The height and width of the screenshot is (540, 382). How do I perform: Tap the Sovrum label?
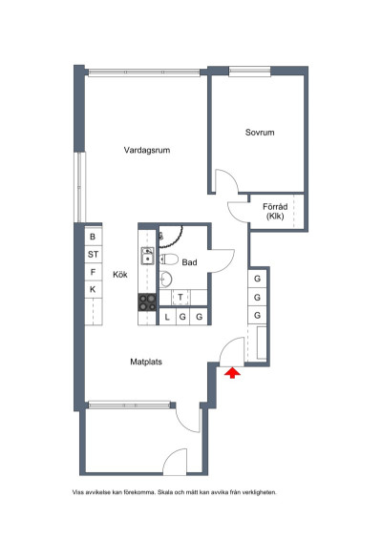259,133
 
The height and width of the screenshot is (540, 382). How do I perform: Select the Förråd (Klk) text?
276,211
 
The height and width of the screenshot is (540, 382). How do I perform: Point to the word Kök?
120,275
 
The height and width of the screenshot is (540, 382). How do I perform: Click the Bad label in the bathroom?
189,262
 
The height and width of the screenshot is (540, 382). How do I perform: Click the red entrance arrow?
230,373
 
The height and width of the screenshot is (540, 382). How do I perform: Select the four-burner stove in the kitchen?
148,302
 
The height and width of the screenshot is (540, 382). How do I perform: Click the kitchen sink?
148,256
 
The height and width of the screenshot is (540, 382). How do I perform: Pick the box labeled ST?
93,255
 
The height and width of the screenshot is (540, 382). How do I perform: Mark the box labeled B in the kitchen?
93,237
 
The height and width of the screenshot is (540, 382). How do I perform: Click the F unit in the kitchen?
93,272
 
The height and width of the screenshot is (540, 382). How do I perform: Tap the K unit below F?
93,289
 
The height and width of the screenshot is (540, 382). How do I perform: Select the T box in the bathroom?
180,298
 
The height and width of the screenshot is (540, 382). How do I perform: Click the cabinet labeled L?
167,317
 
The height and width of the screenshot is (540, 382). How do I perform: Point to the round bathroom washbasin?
165,279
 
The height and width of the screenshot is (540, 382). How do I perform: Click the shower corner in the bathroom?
168,236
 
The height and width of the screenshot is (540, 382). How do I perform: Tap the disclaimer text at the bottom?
175,493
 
